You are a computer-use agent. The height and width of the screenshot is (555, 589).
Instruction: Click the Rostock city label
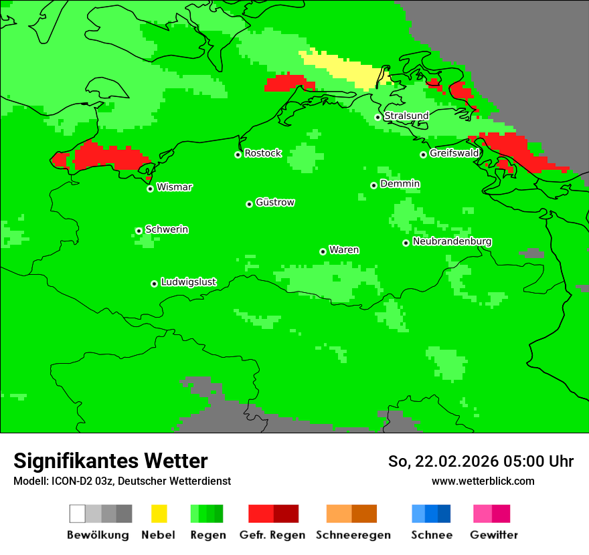(263, 153)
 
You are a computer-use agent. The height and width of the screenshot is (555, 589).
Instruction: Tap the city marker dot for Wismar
(151, 189)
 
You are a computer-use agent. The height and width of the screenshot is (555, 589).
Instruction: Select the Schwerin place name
(167, 229)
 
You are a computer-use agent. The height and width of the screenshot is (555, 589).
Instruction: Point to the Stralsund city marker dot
(377, 117)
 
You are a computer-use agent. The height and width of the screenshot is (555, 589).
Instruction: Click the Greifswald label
(454, 153)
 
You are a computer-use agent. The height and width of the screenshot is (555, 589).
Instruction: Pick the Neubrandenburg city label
(452, 241)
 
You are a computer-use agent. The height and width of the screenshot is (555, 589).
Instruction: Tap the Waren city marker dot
(323, 251)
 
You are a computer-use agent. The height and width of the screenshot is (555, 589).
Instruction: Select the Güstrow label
(275, 202)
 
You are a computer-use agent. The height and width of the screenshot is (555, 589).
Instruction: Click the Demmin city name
(400, 183)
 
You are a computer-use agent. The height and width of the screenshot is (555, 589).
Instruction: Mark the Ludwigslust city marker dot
(154, 284)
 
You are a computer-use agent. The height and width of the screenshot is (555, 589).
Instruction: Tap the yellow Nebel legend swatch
(159, 514)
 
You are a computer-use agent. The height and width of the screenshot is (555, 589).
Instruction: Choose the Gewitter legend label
(493, 535)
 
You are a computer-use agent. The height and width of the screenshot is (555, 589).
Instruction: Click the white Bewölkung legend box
(78, 514)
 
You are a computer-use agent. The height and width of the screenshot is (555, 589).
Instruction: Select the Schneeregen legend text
(353, 535)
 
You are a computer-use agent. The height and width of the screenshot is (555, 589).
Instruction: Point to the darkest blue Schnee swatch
(444, 514)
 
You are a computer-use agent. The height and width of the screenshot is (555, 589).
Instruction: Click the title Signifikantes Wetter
(110, 461)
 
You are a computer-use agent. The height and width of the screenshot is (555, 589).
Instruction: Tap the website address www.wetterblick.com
(483, 481)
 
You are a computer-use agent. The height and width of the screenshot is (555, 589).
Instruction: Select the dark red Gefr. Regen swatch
(286, 514)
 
